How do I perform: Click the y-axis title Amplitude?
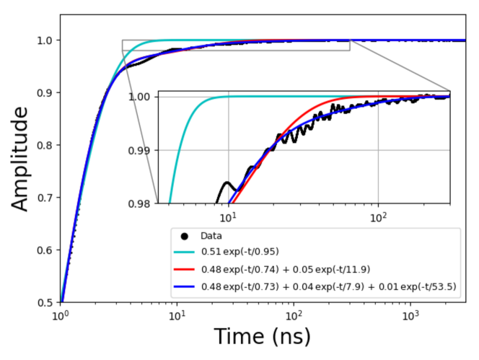pyautogui.click(x=22, y=159)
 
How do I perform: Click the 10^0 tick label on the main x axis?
pyautogui.click(x=61, y=315)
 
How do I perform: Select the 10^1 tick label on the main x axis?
pyautogui.click(x=177, y=315)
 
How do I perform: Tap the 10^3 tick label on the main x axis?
pyautogui.click(x=410, y=315)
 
